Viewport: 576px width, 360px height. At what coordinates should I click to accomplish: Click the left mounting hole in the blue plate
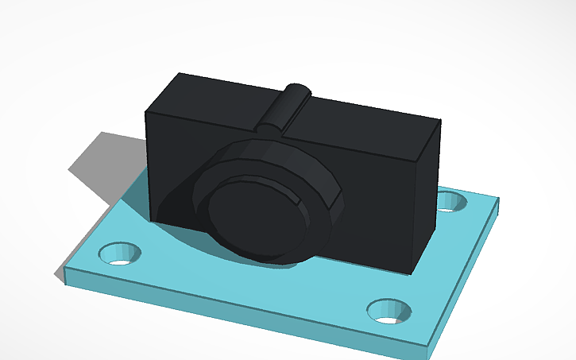[119, 254]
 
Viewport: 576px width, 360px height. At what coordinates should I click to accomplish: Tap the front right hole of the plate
[389, 311]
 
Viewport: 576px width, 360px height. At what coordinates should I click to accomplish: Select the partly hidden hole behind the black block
[452, 200]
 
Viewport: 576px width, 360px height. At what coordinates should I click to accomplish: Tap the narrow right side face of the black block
[427, 199]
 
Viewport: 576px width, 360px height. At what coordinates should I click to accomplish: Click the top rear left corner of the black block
[180, 74]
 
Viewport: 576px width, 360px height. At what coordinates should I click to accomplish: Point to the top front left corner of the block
[145, 112]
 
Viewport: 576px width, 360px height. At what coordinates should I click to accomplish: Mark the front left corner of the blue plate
[64, 276]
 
